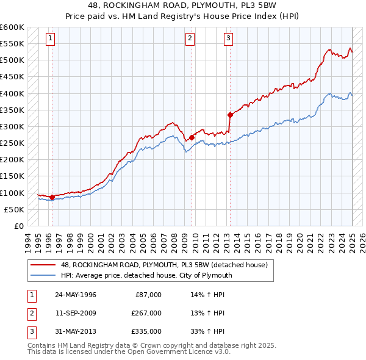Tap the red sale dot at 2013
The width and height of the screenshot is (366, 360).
230,115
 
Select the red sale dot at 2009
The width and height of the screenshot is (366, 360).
192,137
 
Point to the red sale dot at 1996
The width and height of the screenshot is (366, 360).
52,197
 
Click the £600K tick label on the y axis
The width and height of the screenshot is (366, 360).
12,27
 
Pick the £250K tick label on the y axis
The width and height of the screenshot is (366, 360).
12,143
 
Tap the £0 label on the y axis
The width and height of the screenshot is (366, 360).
18,226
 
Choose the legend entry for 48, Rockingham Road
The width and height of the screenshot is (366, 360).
163,265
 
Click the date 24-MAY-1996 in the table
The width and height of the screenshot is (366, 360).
76,295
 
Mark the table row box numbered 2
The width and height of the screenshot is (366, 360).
30,313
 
